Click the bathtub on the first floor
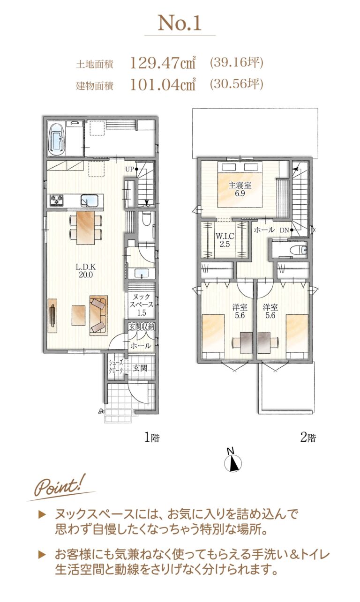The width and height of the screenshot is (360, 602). click(x=57, y=139)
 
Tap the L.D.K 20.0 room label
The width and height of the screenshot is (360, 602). click(x=86, y=271)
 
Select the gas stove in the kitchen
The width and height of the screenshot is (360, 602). click(x=56, y=201)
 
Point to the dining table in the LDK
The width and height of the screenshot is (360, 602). click(x=85, y=228)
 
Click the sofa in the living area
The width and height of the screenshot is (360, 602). click(x=98, y=315)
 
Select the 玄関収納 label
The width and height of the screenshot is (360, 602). click(x=142, y=327)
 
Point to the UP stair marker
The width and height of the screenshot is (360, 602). click(x=131, y=169)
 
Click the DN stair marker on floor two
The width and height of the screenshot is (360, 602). click(x=286, y=230)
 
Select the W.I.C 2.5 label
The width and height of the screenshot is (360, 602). click(x=225, y=240)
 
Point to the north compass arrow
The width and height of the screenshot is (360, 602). click(x=233, y=463)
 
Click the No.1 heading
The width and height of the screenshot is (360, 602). click(x=180, y=23)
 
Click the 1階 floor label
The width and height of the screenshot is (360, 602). click(x=152, y=438)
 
